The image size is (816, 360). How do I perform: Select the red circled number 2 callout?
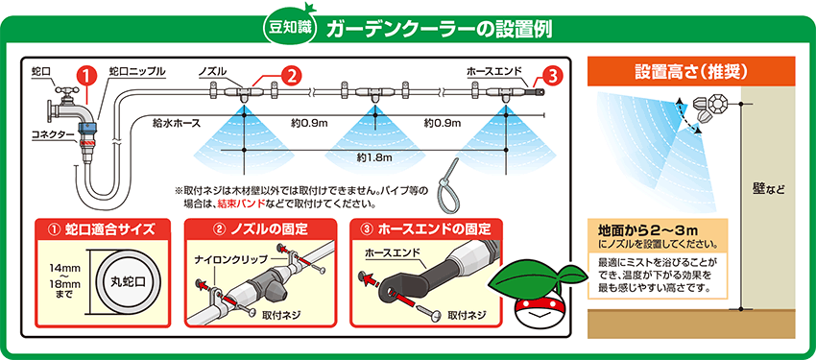click(291, 76)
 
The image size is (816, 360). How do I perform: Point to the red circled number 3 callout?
click(553, 76)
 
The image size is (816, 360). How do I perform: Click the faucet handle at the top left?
click(66, 91)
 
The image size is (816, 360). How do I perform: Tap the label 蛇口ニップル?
click(137, 71)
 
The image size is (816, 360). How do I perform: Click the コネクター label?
click(53, 135)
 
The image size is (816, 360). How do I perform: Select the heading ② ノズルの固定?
click(269, 228)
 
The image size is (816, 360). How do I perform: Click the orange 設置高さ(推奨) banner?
click(691, 71)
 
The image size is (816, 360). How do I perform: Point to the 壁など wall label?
click(768, 189)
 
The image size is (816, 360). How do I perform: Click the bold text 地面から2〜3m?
click(647, 230)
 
